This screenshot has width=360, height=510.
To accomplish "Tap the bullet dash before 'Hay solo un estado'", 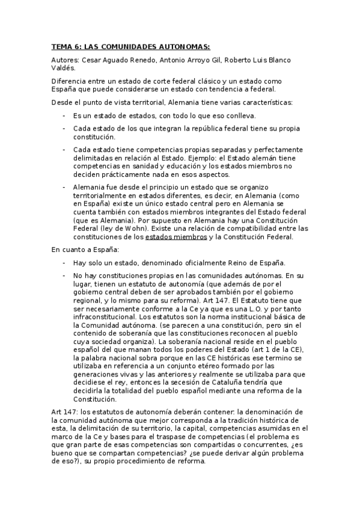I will click(64, 263).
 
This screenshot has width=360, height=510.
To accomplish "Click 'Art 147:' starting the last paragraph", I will click(65, 411).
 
